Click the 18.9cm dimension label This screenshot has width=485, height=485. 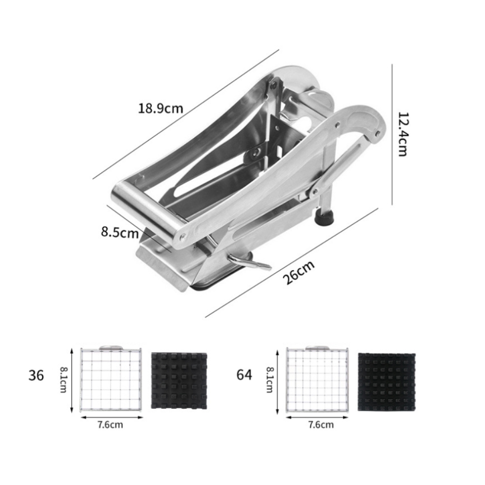point(161,108)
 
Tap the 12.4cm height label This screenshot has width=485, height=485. point(402,134)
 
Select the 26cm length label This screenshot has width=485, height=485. point(299,272)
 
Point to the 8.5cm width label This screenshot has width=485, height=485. point(120,232)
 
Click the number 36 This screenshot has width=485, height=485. point(36,375)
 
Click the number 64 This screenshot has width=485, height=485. point(244,374)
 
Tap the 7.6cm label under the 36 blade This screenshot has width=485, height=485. point(110,425)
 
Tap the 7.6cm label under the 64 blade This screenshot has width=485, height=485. point(321,424)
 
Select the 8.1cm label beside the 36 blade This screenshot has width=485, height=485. point(63,379)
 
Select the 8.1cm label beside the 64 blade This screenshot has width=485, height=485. point(269,380)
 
